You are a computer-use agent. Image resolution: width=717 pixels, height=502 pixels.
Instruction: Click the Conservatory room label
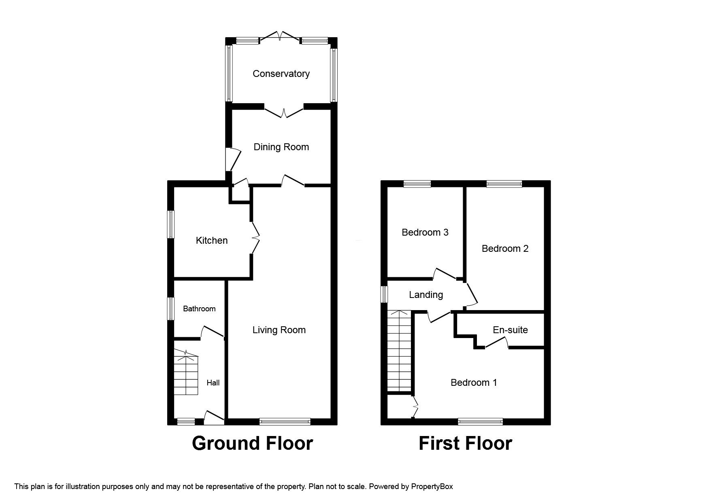281,74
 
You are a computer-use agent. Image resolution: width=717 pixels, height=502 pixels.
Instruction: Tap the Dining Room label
281,147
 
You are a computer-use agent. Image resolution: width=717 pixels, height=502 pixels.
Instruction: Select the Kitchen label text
211,240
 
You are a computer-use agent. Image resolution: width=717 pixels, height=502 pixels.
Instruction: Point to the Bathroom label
199,309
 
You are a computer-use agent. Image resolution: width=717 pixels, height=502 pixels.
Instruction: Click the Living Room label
279,330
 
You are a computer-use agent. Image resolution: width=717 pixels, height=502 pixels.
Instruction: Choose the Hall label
213,383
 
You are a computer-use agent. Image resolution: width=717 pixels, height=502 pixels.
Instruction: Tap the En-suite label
510,330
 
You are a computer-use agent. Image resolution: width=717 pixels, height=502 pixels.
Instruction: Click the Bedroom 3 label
425,232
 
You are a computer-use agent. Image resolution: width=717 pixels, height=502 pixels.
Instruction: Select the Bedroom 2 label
505,249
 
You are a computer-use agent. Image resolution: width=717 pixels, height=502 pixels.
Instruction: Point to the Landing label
426,295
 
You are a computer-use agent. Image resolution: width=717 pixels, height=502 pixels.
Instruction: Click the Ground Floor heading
252,443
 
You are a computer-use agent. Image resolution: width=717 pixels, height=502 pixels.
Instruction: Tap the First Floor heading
465,443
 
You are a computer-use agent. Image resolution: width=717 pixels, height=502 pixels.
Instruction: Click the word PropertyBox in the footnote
432,487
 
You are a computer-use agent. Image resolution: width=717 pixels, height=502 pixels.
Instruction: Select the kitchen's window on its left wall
172,224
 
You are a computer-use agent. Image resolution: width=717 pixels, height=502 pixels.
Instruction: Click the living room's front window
285,421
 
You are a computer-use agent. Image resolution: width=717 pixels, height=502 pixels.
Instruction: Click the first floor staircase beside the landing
399,351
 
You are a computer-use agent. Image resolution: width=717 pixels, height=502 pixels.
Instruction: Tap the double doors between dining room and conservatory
283,111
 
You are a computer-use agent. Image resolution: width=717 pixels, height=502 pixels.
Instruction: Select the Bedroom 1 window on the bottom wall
481,421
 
